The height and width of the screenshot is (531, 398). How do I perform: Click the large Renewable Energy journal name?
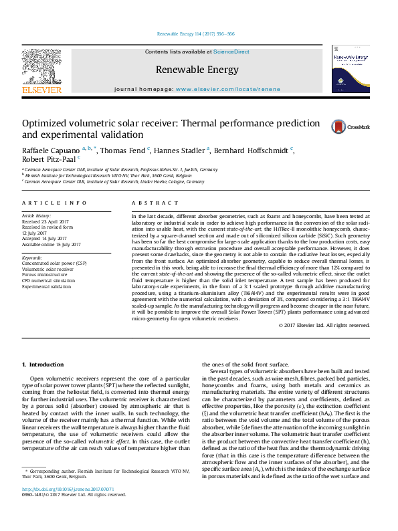click(197, 70)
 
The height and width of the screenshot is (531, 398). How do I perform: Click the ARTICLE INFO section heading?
click(54, 202)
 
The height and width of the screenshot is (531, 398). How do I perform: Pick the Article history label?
click(36, 216)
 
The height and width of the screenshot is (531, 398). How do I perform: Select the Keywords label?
click(32, 257)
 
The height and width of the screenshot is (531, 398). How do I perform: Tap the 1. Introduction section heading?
click(43, 365)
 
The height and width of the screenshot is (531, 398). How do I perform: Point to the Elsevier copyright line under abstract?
click(324, 325)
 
